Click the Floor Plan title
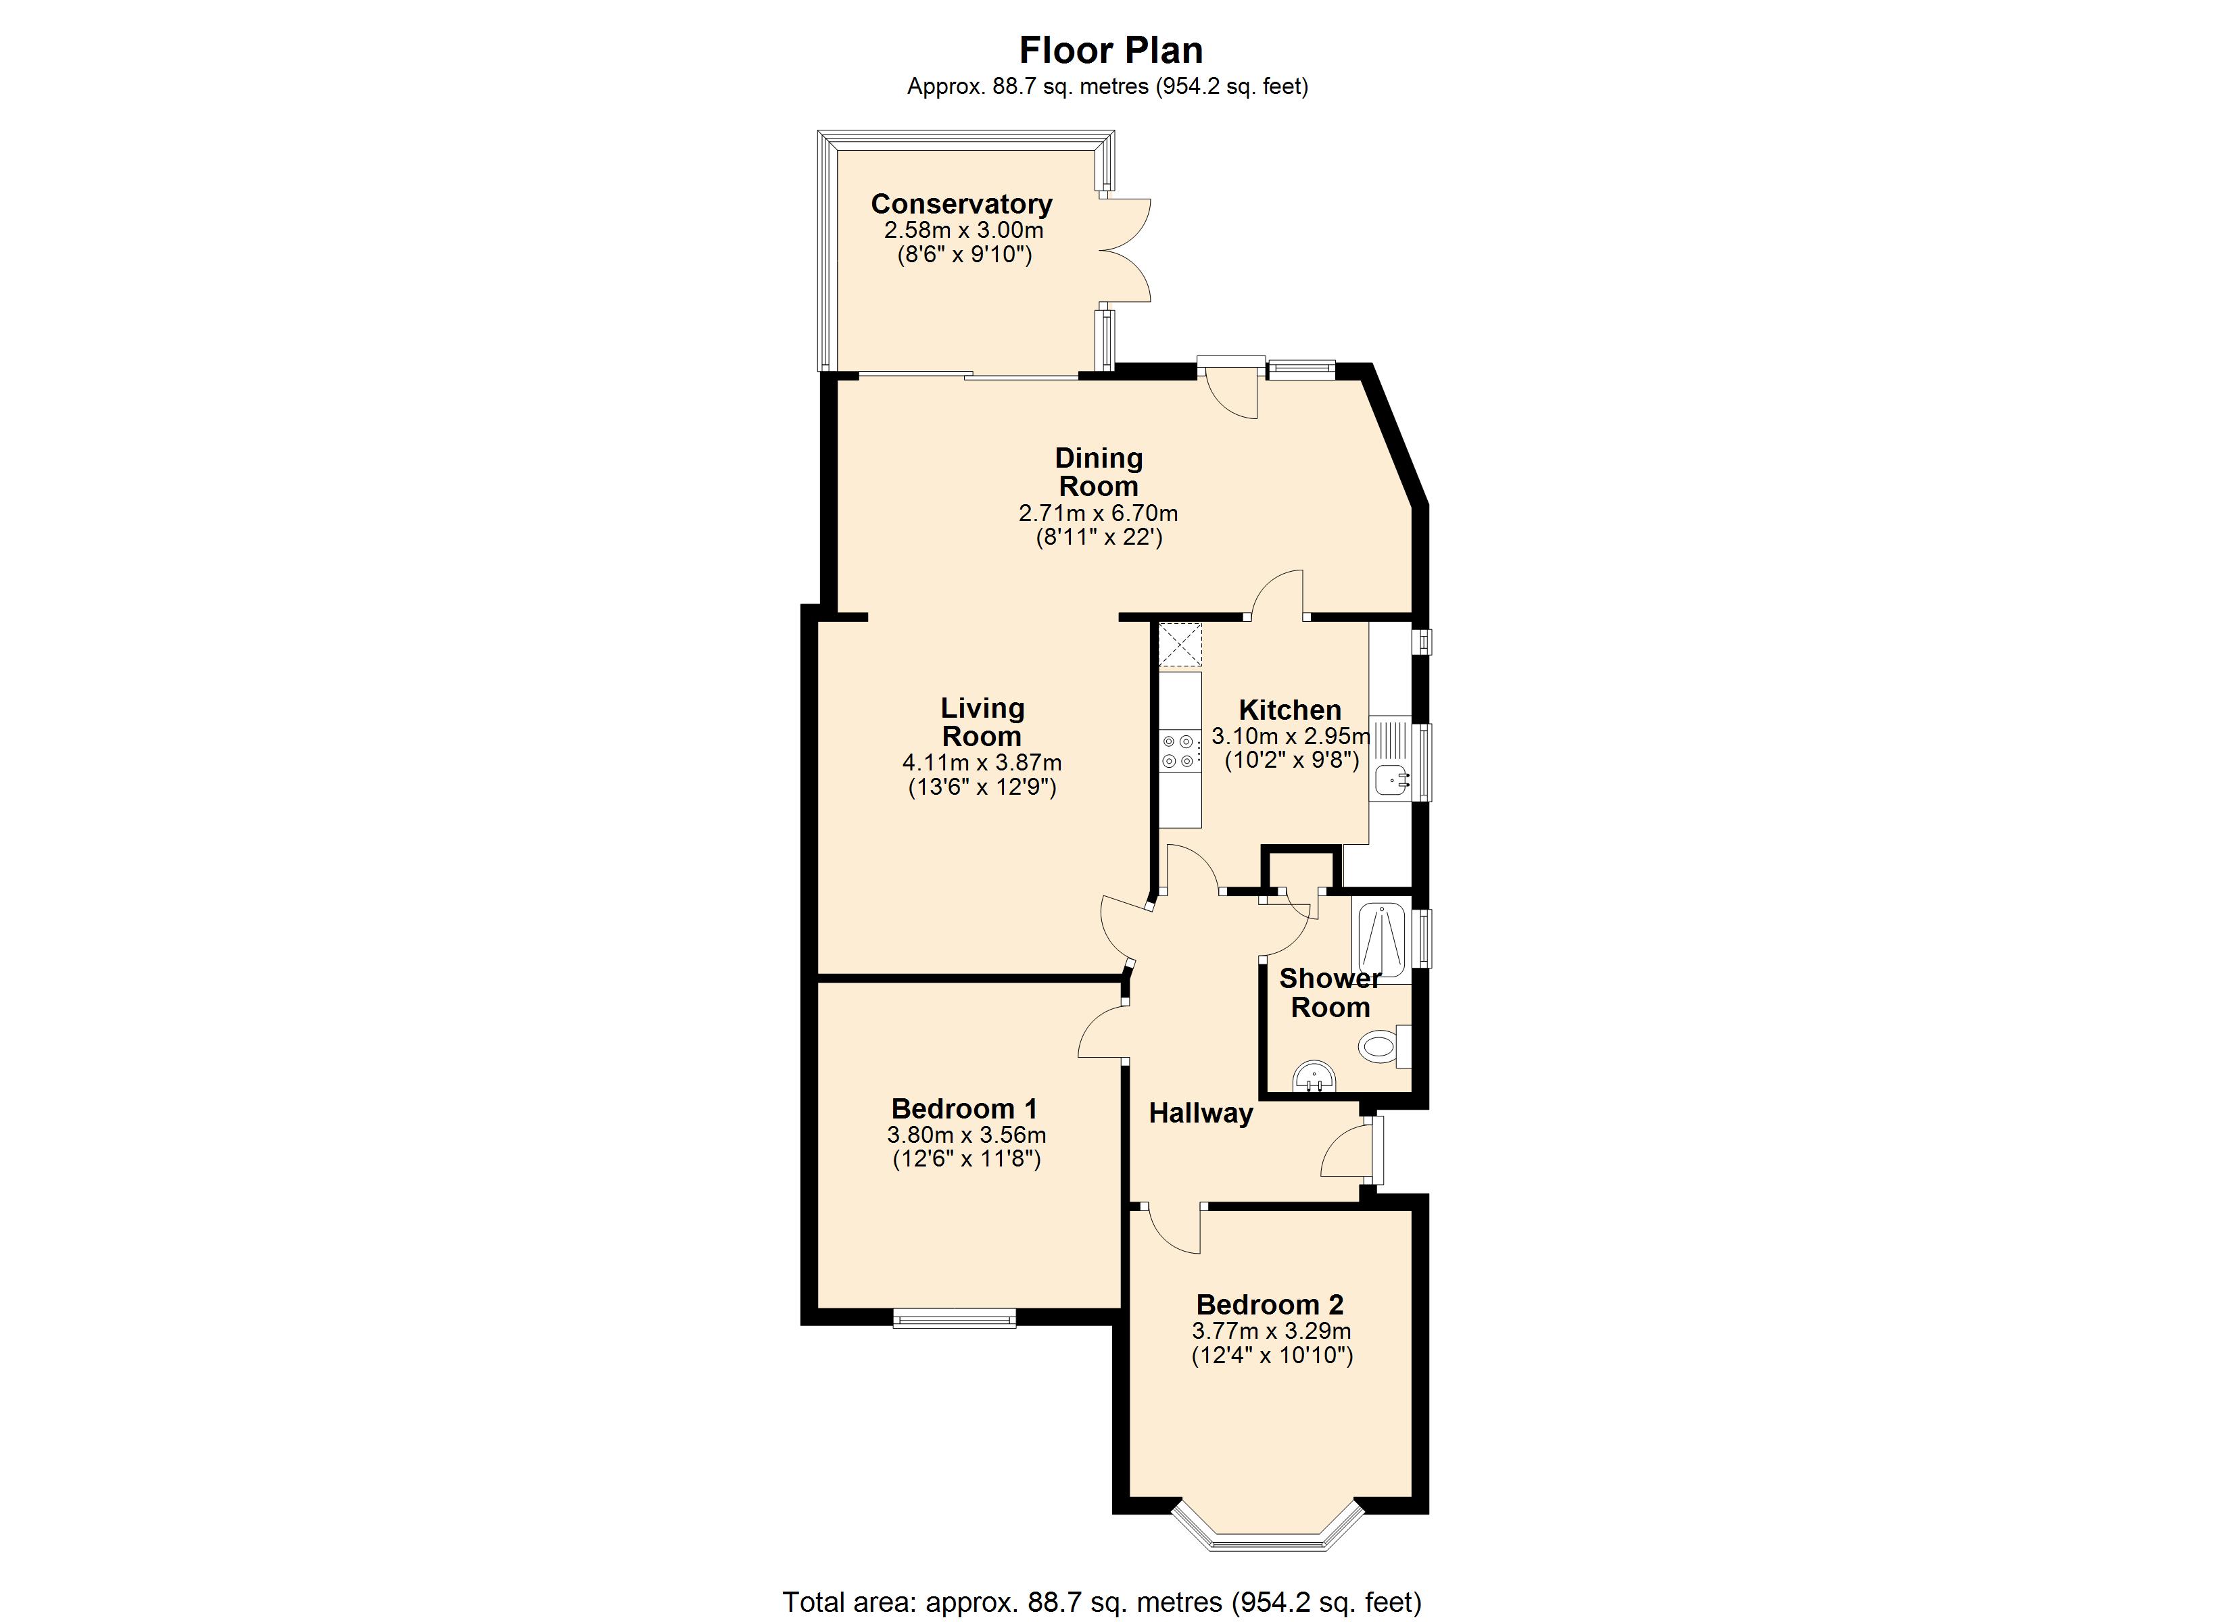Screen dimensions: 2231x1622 pos(1111,50)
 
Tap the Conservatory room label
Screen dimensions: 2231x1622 pos(961,203)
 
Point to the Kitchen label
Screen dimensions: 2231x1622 pos(1290,709)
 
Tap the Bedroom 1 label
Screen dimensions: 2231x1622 pos(964,1108)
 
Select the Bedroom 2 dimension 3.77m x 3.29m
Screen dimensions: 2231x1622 pos(1271,1331)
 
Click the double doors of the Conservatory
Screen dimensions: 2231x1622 pos(1124,250)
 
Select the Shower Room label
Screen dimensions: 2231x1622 pos(1330,993)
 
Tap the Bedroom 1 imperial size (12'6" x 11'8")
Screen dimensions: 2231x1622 pos(966,1158)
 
